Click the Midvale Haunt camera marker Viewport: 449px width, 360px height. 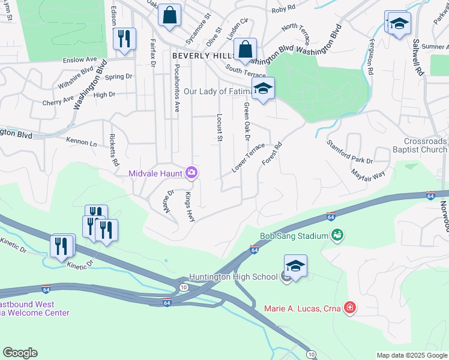point(191,173)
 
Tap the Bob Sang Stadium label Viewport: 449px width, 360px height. point(294,236)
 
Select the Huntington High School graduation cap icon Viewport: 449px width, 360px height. point(295,265)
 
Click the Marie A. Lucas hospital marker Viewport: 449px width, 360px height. point(349,309)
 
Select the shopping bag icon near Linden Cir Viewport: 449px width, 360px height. point(246,49)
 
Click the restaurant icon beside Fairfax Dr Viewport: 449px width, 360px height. point(124,39)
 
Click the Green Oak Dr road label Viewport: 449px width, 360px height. point(246,122)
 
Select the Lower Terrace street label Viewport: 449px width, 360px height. point(249,158)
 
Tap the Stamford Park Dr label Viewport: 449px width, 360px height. point(349,152)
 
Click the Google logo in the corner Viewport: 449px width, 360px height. point(20,353)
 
